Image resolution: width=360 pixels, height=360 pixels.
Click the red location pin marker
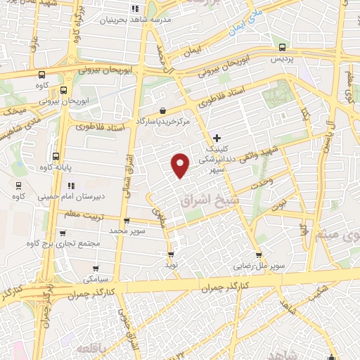click(181, 165)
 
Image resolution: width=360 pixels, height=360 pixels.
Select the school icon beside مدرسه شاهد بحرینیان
click(134, 9)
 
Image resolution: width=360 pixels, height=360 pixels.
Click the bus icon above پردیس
click(282, 48)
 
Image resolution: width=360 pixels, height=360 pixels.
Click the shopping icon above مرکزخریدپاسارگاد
click(163, 110)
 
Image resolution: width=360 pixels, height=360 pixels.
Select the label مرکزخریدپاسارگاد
click(163, 122)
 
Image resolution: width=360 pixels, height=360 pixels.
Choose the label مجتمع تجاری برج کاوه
click(62, 244)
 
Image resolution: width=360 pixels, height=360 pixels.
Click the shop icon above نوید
click(171, 255)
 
